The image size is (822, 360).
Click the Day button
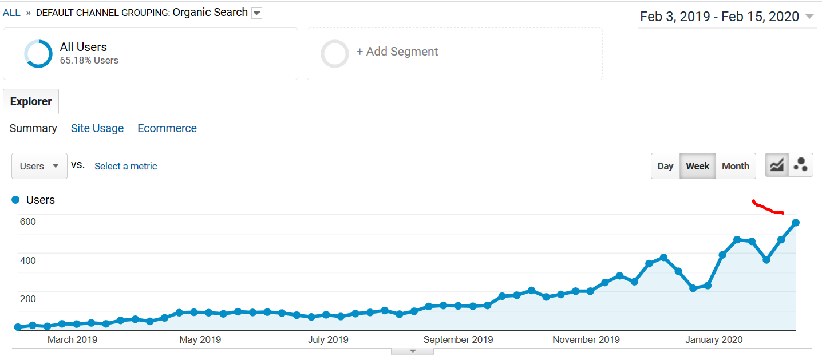click(665, 166)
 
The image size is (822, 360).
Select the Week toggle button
click(698, 166)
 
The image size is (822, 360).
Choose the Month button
click(736, 166)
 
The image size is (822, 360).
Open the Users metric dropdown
click(39, 166)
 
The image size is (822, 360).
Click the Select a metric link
click(126, 166)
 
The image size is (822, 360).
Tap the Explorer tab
click(31, 101)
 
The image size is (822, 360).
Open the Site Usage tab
click(97, 128)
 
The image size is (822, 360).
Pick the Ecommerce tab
click(167, 128)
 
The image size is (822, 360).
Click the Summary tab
click(33, 128)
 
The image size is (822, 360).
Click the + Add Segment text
click(397, 52)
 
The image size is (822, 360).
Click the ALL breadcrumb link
click(11, 13)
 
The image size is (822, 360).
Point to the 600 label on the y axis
click(28, 221)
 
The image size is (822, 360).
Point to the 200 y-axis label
click(28, 299)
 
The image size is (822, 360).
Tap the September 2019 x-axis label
click(458, 339)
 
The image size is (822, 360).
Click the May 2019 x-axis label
click(200, 339)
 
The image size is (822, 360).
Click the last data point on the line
click(796, 223)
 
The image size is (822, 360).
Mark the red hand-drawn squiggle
click(767, 208)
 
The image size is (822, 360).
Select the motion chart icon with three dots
click(801, 165)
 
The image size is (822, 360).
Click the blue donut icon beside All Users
click(38, 53)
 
